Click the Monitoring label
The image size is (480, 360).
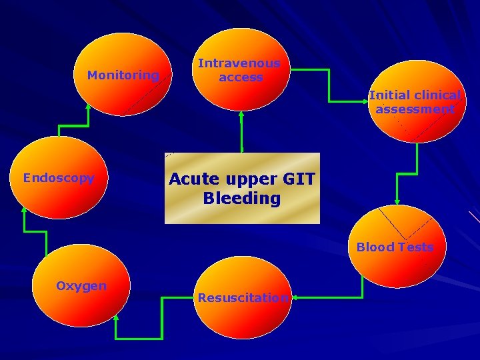point(123,75)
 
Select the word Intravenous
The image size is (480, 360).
point(239,63)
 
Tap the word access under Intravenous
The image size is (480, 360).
point(241,77)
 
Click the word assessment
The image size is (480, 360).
point(415,109)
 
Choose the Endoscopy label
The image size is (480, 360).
point(59,178)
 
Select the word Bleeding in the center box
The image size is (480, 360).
point(242,198)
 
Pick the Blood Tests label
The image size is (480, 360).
point(395,247)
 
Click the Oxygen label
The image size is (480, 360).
point(81,286)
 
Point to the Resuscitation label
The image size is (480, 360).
point(243,297)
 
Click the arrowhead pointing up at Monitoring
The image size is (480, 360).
point(88,106)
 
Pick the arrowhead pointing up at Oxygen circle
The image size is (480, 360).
point(116,319)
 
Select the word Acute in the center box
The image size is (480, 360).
point(194,179)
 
